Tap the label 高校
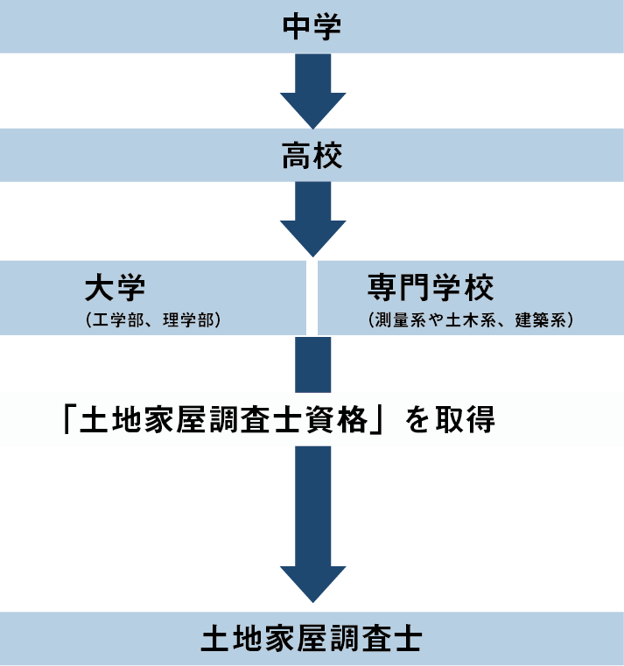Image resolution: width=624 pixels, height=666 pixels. click(312, 157)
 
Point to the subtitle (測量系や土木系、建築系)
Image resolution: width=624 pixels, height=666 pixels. click(471, 320)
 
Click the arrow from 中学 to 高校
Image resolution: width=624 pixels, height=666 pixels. click(312, 92)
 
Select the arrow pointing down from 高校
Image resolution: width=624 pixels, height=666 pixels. click(312, 219)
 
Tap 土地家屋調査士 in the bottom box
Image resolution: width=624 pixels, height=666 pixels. click(312, 639)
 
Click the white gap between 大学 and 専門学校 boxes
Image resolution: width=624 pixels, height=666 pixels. click(312, 298)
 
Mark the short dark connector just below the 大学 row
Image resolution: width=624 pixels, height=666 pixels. click(312, 364)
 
